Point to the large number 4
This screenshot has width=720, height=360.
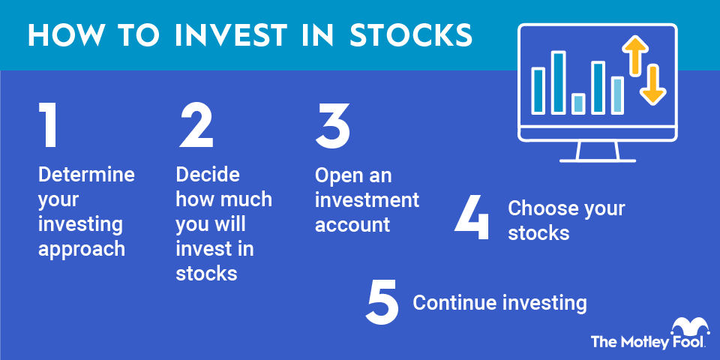(473, 217)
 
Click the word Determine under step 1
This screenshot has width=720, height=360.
(86, 175)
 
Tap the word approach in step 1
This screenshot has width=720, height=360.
(82, 249)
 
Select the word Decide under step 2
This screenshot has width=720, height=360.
(208, 175)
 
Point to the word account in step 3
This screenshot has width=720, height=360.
(352, 224)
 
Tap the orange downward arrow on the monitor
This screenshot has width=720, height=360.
(653, 85)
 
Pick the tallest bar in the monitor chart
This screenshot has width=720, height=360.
(558, 82)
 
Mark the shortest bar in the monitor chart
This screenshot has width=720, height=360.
(578, 103)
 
